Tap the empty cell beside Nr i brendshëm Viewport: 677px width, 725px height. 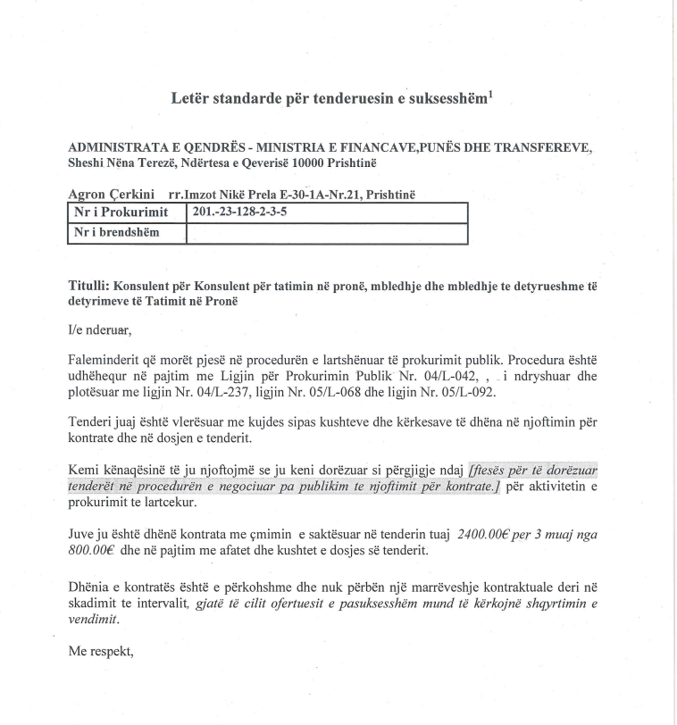click(326, 232)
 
